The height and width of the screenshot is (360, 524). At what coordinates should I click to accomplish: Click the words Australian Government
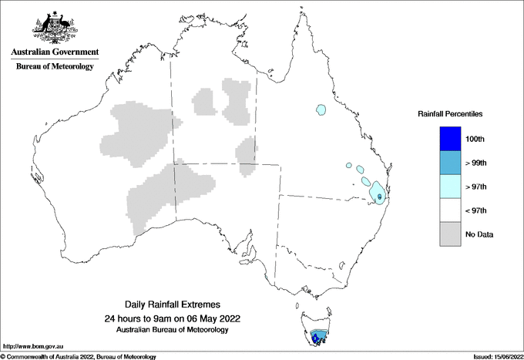tap(55, 52)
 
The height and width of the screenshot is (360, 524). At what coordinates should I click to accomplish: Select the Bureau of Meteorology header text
tap(55, 66)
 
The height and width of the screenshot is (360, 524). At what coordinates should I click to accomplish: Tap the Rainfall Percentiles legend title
tap(450, 114)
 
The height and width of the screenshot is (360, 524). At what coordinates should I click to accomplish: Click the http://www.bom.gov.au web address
tap(32, 347)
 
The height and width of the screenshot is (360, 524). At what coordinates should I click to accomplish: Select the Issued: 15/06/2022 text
tap(493, 356)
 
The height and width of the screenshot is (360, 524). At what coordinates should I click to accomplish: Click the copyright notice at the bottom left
tap(78, 356)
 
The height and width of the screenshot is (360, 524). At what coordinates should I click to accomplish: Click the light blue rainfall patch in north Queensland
tap(321, 110)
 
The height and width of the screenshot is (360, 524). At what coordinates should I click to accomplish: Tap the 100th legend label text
tap(475, 139)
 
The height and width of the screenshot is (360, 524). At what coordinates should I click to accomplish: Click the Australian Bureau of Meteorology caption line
tap(173, 329)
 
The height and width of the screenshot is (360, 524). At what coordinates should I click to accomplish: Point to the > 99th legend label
tap(475, 163)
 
